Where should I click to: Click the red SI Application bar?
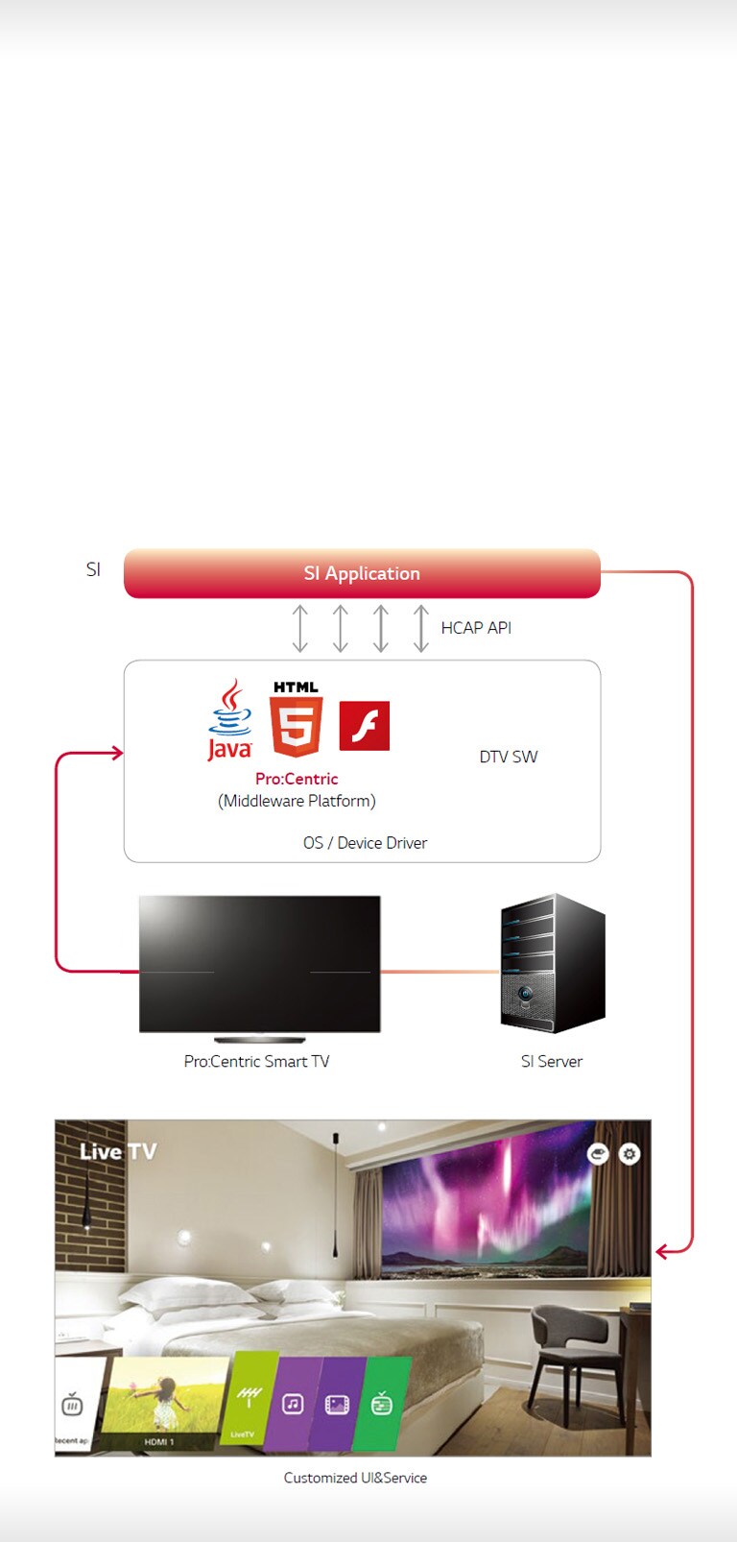click(362, 573)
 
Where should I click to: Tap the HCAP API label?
click(476, 628)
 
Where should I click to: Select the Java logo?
click(229, 720)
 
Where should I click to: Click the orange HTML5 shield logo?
click(296, 725)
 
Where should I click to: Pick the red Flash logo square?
click(365, 726)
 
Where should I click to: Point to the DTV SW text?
click(509, 757)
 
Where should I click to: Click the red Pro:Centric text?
click(297, 779)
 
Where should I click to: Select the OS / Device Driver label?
click(365, 843)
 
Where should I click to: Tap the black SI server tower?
click(552, 964)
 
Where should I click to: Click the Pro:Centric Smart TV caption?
click(256, 1061)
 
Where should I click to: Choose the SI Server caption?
click(552, 1061)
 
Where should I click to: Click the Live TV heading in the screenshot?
click(117, 1151)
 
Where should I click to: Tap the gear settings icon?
click(630, 1153)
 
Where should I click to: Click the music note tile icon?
click(293, 1404)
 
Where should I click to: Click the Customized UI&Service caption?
click(355, 1478)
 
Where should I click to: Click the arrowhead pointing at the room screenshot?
click(661, 1252)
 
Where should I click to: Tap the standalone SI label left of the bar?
click(93, 569)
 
